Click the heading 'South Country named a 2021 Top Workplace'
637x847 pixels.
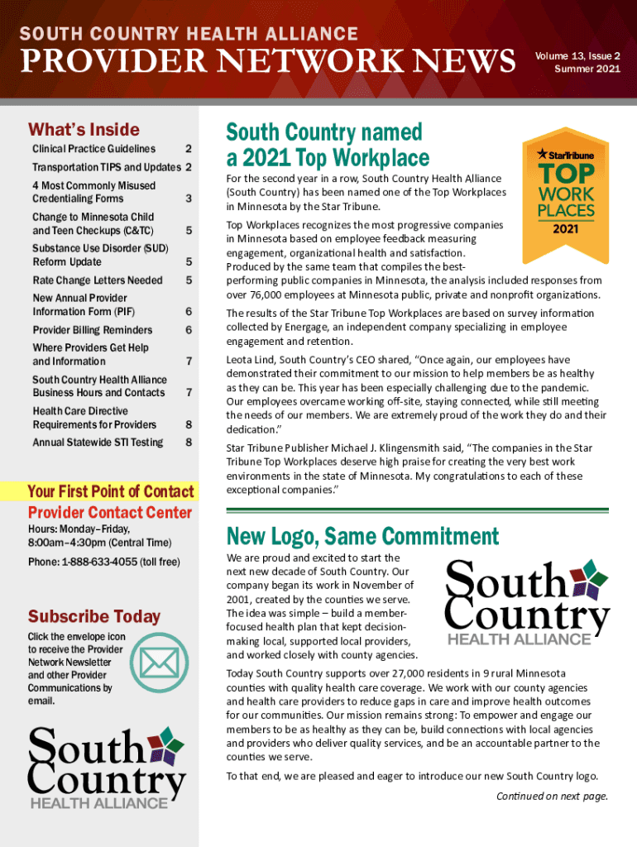click(x=328, y=145)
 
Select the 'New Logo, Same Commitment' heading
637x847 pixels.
click(x=362, y=536)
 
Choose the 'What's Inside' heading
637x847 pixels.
click(x=84, y=129)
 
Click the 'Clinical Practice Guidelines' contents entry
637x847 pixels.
click(x=93, y=149)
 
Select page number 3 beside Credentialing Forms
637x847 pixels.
click(x=189, y=199)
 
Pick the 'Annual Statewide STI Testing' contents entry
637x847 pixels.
click(x=98, y=443)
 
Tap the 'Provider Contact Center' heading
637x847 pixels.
click(x=109, y=512)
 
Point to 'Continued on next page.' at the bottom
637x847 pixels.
click(x=552, y=796)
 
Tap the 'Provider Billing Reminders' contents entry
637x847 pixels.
click(x=92, y=330)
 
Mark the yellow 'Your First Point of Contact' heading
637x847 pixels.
click(x=111, y=491)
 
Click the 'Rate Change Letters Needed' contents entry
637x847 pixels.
click(x=97, y=280)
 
